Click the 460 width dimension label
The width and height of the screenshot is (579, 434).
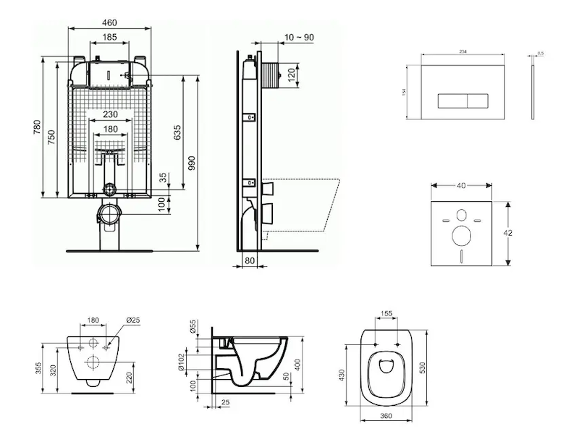coord(110,22)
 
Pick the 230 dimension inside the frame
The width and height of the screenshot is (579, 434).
coord(110,114)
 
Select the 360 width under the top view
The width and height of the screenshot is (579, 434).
coord(386,417)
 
